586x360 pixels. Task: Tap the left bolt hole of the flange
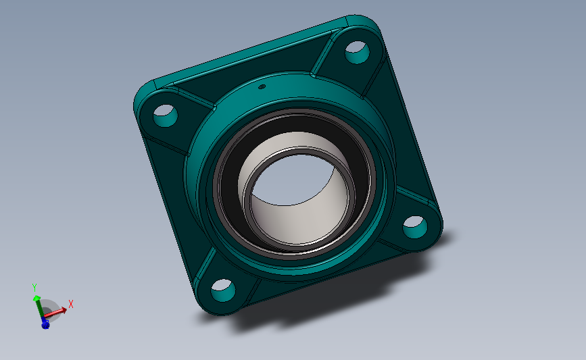[164, 115]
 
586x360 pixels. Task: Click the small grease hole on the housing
[262, 86]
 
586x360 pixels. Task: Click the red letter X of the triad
[70, 304]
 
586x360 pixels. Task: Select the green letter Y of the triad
[34, 286]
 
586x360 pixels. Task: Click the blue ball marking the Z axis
[45, 325]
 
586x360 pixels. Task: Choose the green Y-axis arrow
[37, 301]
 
